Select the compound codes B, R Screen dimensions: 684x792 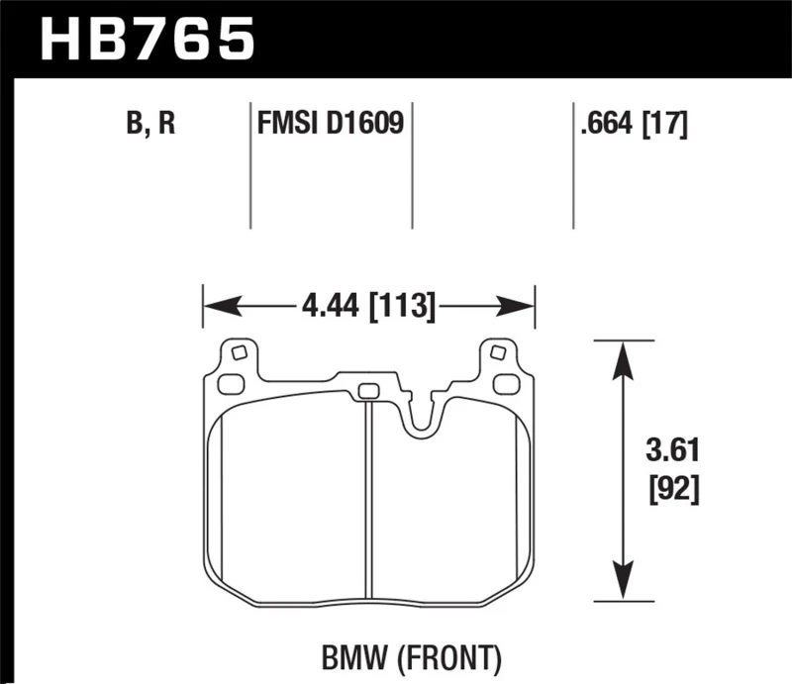149,125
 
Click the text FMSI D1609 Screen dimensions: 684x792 331,125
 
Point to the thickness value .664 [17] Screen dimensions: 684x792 631,125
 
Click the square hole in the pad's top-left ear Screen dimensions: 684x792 237,352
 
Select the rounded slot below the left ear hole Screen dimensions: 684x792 230,384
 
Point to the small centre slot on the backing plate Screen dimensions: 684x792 367,390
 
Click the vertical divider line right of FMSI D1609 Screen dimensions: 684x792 412,163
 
